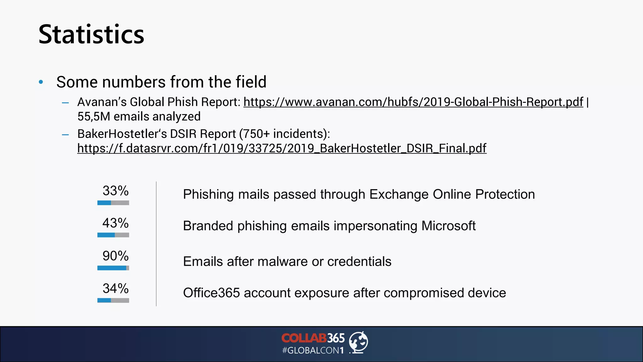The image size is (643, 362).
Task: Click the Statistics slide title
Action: click(91, 35)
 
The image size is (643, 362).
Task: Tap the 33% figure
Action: click(115, 191)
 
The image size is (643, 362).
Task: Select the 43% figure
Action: click(115, 223)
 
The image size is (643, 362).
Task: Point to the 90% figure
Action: click(115, 256)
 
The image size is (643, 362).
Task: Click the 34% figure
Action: click(115, 288)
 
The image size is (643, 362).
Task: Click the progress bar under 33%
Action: click(113, 203)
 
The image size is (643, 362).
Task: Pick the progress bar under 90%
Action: click(113, 268)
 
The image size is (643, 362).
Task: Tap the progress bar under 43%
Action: click(113, 235)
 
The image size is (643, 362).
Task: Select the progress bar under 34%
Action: click(113, 300)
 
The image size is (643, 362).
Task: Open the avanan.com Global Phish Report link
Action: click(413, 102)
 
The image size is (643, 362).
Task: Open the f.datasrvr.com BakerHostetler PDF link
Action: click(282, 148)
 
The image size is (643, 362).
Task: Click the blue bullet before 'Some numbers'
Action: click(41, 82)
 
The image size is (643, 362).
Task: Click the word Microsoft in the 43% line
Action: click(448, 226)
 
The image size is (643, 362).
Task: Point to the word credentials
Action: click(359, 261)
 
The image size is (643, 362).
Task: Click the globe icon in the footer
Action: click(359, 342)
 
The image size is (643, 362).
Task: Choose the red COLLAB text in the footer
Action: click(304, 338)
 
